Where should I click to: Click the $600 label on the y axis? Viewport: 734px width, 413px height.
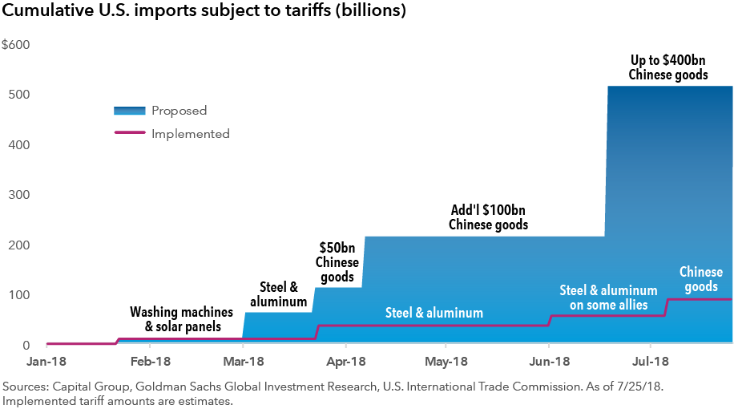(16, 44)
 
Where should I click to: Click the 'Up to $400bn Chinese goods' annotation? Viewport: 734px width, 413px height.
(668, 67)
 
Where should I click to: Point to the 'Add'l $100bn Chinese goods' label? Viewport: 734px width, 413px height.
(488, 217)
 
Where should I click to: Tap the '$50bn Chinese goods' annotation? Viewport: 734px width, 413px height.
(337, 262)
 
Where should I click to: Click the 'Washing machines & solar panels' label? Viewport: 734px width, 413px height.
(182, 319)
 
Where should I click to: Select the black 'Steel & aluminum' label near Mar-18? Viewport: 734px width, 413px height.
(278, 294)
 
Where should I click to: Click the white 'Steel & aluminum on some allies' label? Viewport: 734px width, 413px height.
(608, 298)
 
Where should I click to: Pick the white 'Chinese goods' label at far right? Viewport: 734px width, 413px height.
(700, 280)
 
